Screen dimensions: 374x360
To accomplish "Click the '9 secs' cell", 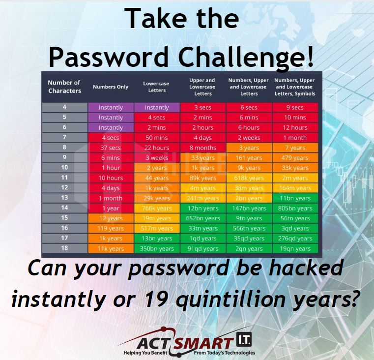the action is [x=295, y=107].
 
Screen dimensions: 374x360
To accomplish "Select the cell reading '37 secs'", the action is [x=111, y=148].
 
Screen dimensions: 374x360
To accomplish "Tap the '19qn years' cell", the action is [x=295, y=248].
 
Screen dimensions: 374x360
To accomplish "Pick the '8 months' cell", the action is [x=203, y=148].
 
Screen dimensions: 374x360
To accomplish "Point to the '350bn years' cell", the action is [x=157, y=248].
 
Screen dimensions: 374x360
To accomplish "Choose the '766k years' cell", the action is [x=157, y=208].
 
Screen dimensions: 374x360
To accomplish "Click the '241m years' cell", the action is [x=203, y=198].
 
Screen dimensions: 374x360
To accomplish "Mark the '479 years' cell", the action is [x=295, y=158].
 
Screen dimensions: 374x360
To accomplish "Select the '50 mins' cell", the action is [x=157, y=138].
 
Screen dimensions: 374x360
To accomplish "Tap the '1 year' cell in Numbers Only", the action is [x=111, y=208].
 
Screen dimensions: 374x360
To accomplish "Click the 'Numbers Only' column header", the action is [x=111, y=87].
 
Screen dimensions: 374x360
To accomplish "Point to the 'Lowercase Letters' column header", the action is [x=156, y=87].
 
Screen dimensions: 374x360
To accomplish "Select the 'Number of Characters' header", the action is [x=64, y=87].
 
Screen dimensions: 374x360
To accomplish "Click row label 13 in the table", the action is [x=64, y=198].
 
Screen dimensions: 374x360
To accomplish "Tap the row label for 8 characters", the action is [x=64, y=147].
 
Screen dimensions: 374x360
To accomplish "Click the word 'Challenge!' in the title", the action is [x=246, y=58].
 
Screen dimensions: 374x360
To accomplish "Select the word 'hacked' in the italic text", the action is [x=306, y=268].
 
